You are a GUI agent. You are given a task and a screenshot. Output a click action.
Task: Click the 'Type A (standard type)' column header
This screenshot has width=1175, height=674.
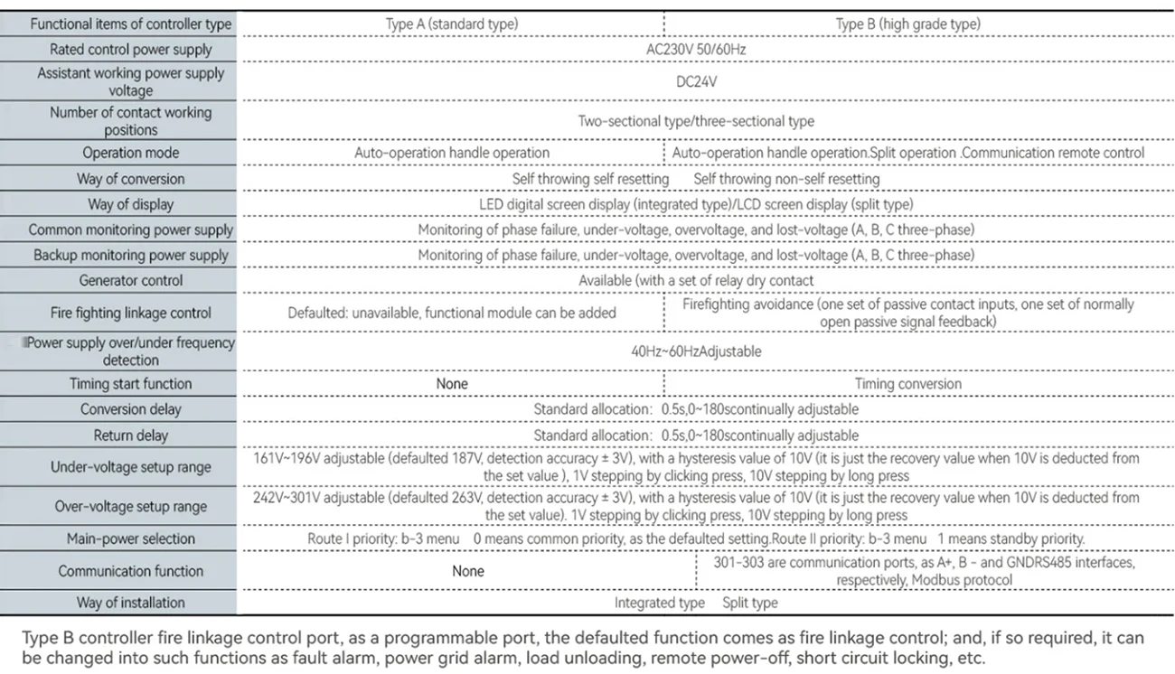pyautogui.click(x=452, y=24)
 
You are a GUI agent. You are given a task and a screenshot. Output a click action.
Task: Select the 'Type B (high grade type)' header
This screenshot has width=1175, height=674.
pyautogui.click(x=907, y=24)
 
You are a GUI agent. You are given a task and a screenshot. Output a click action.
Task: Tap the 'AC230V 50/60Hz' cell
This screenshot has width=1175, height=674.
pyautogui.click(x=696, y=49)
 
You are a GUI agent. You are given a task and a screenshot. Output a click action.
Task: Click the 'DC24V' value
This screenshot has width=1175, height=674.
pyautogui.click(x=696, y=81)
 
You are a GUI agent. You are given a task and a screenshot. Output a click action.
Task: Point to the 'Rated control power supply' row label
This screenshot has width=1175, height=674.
pyautogui.click(x=131, y=50)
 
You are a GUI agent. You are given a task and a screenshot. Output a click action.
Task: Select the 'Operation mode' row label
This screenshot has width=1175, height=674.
pyautogui.click(x=131, y=153)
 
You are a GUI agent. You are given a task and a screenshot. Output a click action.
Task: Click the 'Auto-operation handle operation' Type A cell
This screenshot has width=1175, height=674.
pyautogui.click(x=452, y=153)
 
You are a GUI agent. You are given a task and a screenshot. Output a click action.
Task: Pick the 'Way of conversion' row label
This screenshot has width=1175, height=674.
pyautogui.click(x=131, y=179)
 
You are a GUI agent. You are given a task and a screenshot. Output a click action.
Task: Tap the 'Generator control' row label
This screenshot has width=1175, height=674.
pyautogui.click(x=131, y=280)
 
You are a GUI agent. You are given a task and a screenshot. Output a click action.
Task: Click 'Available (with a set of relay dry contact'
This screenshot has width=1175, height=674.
pyautogui.click(x=696, y=280)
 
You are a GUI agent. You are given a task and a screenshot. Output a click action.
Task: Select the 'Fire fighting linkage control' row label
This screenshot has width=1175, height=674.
pyautogui.click(x=131, y=313)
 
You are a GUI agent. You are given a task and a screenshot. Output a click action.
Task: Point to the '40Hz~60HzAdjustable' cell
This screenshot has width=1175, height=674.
pyautogui.click(x=696, y=351)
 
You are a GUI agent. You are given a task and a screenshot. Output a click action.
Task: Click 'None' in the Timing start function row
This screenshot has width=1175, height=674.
pyautogui.click(x=452, y=384)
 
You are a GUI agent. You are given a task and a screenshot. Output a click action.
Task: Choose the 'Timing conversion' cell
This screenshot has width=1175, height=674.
pyautogui.click(x=907, y=384)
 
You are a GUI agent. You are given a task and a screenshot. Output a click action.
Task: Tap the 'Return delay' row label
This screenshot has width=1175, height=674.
pyautogui.click(x=131, y=435)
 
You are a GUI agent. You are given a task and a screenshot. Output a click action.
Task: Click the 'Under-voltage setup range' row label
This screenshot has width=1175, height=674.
pyautogui.click(x=131, y=467)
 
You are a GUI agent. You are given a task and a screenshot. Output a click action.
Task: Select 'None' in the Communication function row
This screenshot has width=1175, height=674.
pyautogui.click(x=468, y=571)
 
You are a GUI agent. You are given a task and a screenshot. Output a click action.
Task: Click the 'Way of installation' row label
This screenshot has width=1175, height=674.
pyautogui.click(x=131, y=603)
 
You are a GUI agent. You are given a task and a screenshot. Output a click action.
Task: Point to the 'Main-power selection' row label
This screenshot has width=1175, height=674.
pyautogui.click(x=131, y=538)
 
